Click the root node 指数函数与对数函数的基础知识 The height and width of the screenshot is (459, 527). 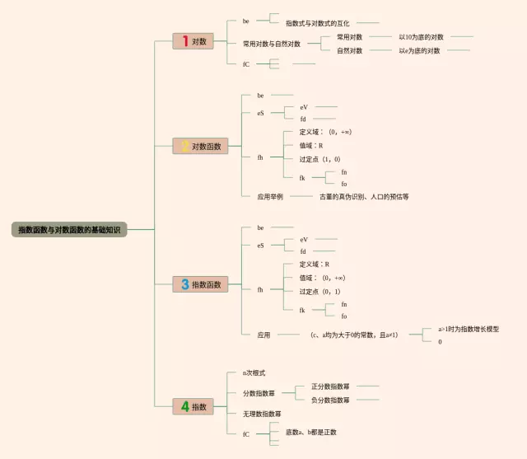pos(69,229)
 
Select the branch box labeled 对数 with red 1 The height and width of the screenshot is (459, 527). pos(194,41)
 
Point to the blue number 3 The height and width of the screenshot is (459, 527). pos(184,284)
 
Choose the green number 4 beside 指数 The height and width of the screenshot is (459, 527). pos(184,406)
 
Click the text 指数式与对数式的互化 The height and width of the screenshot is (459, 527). pos(317,23)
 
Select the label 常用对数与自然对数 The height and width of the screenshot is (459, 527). pos(272,44)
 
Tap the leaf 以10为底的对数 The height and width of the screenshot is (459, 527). pos(421,37)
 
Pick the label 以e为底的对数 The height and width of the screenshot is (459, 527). pos(419,50)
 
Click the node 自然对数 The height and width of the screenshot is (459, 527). pos(349,50)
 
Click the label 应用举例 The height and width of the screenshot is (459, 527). pos(270,197)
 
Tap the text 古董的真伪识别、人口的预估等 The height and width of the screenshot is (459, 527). pos(364,197)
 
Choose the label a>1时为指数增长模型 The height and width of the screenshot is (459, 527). pos(468,329)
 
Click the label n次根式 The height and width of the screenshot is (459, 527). pos(254,373)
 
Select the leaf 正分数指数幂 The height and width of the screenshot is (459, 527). pos(330,386)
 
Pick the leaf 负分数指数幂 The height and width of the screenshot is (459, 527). pos(330,400)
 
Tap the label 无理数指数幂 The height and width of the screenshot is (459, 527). pos(262,413)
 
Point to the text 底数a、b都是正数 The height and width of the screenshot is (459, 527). pos(310,432)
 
